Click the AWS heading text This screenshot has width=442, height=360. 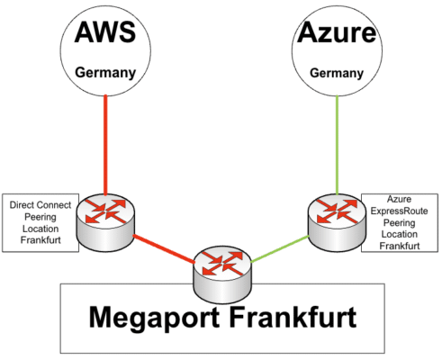(105, 32)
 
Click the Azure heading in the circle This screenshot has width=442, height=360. (337, 32)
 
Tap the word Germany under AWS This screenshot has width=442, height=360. (105, 73)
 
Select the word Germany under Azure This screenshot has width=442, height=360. (337, 73)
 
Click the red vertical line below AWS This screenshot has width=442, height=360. (105, 145)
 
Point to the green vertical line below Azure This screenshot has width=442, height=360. (337, 145)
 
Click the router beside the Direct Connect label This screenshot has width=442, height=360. (105, 222)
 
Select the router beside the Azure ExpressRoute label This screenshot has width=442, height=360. (337, 222)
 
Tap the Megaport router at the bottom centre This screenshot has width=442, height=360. (222, 274)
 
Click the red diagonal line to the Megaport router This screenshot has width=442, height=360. (164, 249)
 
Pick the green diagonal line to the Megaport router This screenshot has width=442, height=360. (280, 249)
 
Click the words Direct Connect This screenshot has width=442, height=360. (41, 205)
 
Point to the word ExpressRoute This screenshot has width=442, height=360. (399, 211)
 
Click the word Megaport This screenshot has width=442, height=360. (154, 319)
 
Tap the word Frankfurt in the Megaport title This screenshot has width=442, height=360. (293, 317)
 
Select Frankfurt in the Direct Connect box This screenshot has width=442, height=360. (41, 240)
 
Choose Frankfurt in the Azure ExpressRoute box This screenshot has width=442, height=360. (400, 246)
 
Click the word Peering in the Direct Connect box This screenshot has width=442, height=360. (41, 217)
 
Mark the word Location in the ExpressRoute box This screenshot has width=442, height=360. (400, 234)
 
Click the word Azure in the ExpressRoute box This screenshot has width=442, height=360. (399, 199)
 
